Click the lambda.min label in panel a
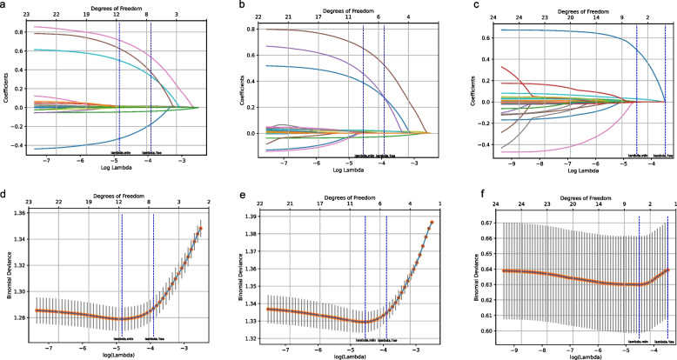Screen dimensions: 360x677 (118, 152)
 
